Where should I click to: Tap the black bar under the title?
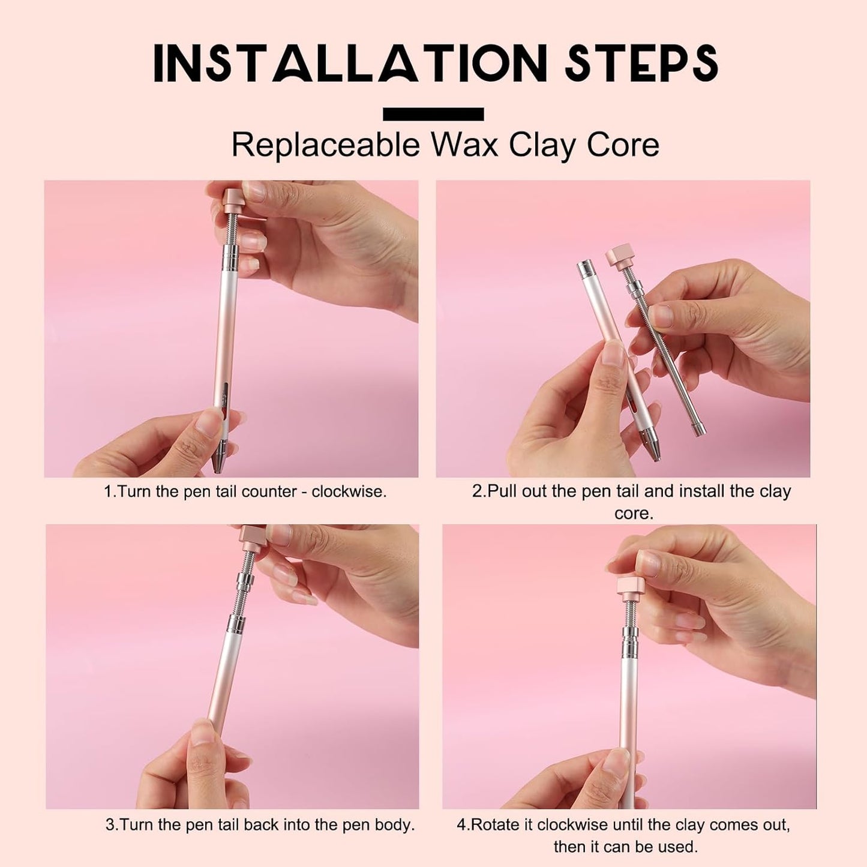click(433, 114)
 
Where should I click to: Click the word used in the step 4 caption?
click(680, 847)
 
